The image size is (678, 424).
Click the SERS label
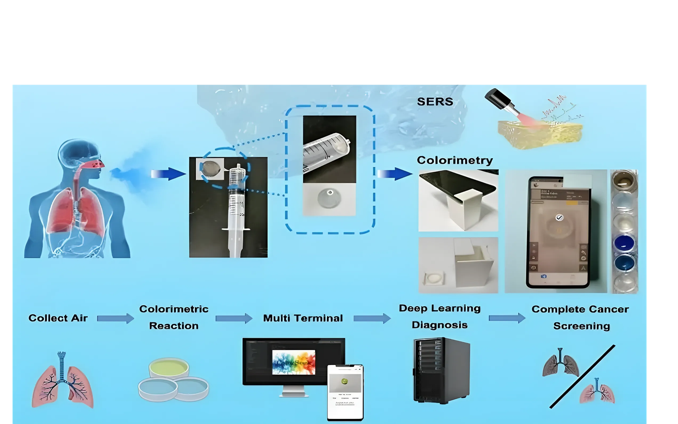coord(435,102)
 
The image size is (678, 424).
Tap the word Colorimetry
coord(455,160)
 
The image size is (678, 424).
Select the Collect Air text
coord(58,318)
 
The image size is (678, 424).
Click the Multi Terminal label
coord(303,318)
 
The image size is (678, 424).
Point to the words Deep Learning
coord(439,308)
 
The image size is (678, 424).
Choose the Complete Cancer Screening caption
coord(581,317)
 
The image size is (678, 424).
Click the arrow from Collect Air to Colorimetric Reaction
coord(115,318)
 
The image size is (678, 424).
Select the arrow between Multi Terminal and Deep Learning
coord(372,318)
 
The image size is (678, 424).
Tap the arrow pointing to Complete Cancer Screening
coord(507,318)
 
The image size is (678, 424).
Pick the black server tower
coord(441,370)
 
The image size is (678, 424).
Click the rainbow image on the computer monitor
coord(294,362)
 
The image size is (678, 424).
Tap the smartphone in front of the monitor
coord(345,392)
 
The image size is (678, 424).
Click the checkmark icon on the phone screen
coord(559,218)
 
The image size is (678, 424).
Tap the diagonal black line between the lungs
coord(582,377)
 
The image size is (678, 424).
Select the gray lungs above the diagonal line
coord(560,363)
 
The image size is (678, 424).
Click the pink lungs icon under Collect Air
coord(62,380)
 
